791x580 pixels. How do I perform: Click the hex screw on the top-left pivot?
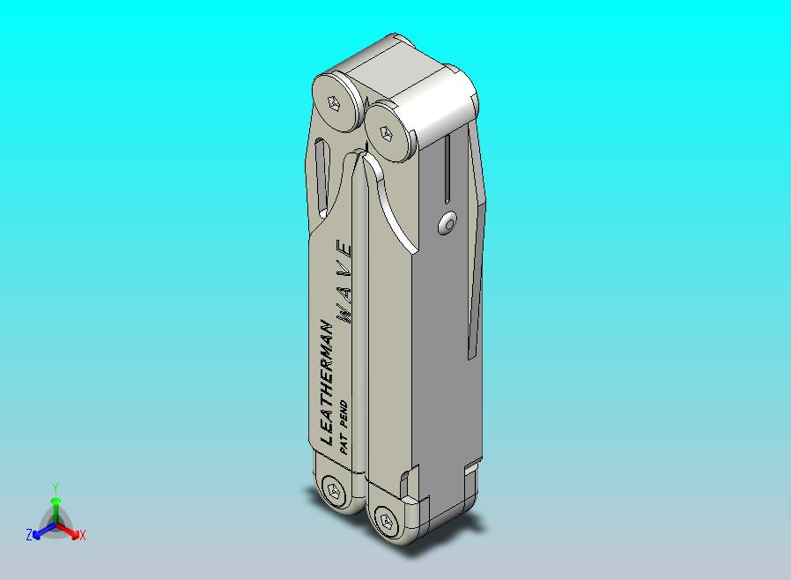click(334, 101)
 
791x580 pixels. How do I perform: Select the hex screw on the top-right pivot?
click(385, 134)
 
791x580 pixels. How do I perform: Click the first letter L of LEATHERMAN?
click(327, 438)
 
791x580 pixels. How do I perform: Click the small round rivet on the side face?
click(449, 224)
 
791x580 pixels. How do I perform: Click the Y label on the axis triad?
click(55, 487)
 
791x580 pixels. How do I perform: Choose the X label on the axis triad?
click(82, 535)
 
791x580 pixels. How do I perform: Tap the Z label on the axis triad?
click(29, 534)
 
